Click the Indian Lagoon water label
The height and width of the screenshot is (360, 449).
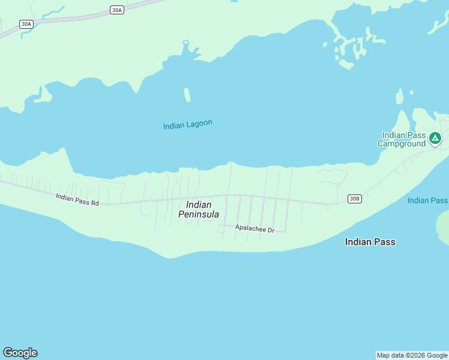(187, 125)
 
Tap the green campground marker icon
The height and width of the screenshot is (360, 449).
(435, 139)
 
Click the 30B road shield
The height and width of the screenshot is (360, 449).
(355, 199)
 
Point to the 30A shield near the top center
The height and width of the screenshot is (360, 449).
(117, 10)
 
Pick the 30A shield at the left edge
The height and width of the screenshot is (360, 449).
(26, 24)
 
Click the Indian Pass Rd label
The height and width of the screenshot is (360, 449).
(77, 199)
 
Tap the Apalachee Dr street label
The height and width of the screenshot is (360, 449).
(255, 228)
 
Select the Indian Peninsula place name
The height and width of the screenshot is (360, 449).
(199, 209)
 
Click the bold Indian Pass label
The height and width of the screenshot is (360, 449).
(370, 242)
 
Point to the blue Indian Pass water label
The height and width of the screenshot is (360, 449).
(427, 200)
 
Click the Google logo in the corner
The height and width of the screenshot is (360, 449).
(20, 353)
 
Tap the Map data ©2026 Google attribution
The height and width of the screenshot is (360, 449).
(412, 355)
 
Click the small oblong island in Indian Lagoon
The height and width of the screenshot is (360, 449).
(187, 95)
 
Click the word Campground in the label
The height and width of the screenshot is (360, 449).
(402, 143)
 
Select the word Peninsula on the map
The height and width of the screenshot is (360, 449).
(199, 214)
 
